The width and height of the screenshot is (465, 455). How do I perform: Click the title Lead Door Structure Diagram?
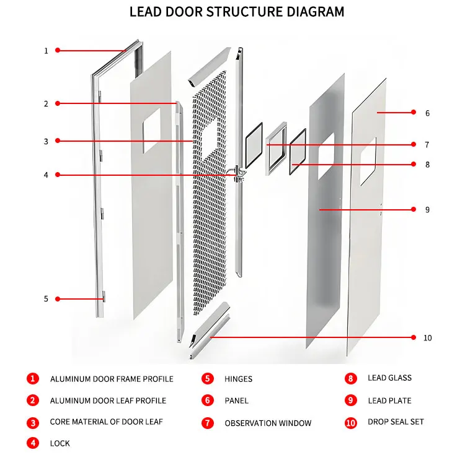click(x=236, y=12)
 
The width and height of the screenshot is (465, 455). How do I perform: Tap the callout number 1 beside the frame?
click(x=45, y=51)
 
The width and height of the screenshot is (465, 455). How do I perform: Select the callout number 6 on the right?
click(x=427, y=113)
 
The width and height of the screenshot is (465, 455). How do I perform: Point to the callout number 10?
click(x=427, y=338)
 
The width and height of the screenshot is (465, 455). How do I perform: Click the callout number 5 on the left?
click(x=45, y=299)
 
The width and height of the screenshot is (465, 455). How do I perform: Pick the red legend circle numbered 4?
click(x=32, y=443)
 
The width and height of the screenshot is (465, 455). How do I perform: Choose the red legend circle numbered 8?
click(x=351, y=378)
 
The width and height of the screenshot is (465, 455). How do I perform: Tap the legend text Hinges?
click(x=238, y=379)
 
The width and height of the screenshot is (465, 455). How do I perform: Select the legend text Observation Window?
click(x=268, y=423)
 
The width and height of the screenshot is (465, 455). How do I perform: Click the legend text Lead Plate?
click(x=389, y=401)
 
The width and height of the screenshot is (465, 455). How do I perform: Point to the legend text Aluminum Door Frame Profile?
click(x=112, y=379)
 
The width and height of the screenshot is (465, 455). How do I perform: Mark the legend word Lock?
click(x=60, y=443)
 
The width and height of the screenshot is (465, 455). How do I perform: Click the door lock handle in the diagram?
click(x=236, y=173)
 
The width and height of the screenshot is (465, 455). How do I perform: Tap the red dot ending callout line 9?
click(x=320, y=210)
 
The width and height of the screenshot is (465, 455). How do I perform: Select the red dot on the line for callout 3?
click(x=58, y=141)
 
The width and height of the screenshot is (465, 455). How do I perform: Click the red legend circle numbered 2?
click(x=32, y=401)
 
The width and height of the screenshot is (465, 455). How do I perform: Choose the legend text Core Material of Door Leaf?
click(x=107, y=422)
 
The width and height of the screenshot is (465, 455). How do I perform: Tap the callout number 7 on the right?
click(x=427, y=145)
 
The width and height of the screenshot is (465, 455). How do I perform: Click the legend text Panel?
click(x=236, y=401)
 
